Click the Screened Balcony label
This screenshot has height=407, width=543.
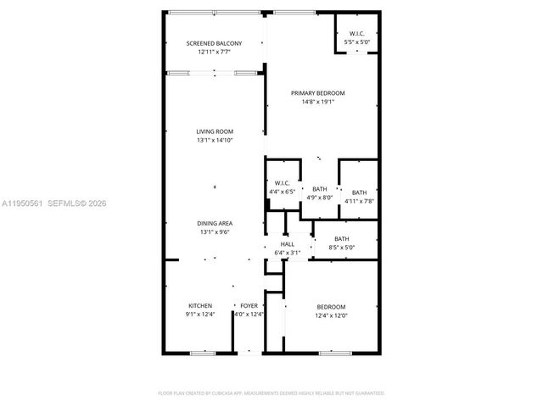215,43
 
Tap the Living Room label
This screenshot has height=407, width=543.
215,131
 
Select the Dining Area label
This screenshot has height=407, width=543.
215,223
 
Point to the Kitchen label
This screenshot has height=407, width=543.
200,305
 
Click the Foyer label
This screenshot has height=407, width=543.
249,305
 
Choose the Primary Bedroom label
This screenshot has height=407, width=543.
318,93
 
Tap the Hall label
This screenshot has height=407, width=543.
288,244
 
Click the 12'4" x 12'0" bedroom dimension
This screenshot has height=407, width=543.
332,315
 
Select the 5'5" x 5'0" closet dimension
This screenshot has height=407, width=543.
357,42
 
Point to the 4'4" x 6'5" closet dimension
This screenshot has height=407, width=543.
283,192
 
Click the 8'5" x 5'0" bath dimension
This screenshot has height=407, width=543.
341,248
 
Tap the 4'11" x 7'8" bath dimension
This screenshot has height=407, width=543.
360,201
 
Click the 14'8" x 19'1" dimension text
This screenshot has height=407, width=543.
318,103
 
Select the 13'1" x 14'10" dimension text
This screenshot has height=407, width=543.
215,141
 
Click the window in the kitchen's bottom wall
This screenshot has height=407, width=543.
203,353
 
